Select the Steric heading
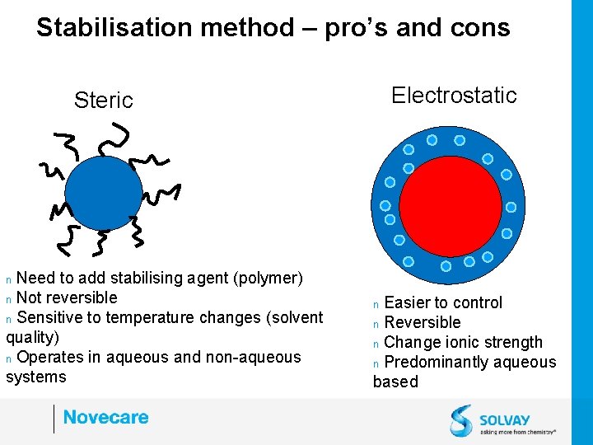point(103,101)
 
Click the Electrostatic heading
point(454,95)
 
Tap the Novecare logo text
point(105,417)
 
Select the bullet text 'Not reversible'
point(67,297)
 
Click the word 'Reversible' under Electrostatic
point(423,322)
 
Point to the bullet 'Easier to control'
point(443,302)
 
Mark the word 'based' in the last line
point(395,382)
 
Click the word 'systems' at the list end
point(35,377)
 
